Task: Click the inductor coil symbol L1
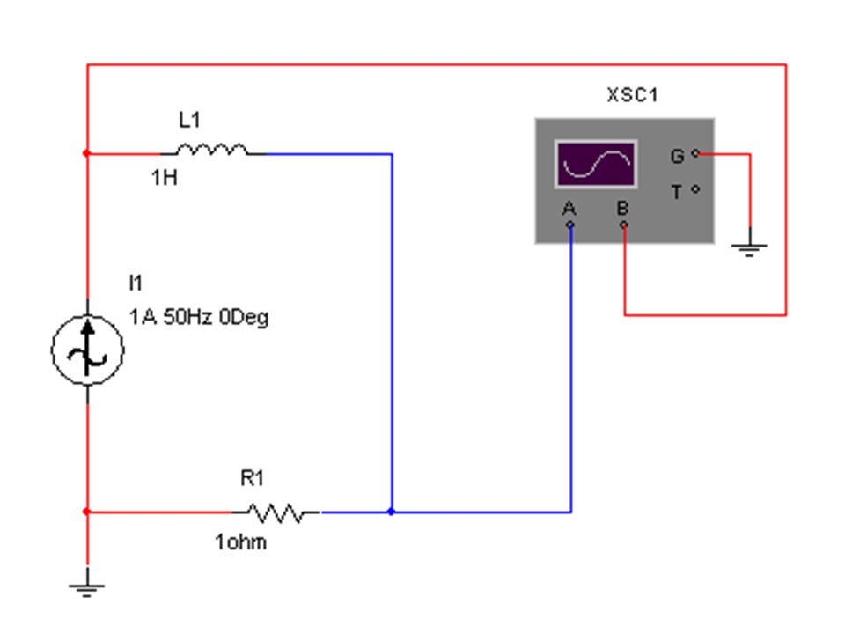click(x=212, y=150)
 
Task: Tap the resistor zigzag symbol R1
click(x=276, y=512)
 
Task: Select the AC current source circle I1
click(x=87, y=350)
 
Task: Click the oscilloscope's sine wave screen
click(x=596, y=164)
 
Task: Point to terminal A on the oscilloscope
click(x=570, y=225)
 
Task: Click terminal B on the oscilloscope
click(x=623, y=225)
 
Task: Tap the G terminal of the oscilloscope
click(x=695, y=153)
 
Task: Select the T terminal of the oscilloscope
click(x=695, y=189)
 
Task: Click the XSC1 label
click(x=632, y=95)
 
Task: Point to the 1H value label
click(x=165, y=177)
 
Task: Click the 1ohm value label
click(x=240, y=542)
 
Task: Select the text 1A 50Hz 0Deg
click(x=199, y=317)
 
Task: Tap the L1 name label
click(x=190, y=120)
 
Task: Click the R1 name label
click(x=252, y=478)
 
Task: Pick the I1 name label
click(x=136, y=283)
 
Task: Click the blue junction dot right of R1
click(x=391, y=512)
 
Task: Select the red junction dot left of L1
click(x=87, y=153)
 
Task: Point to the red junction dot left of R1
click(x=87, y=512)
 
